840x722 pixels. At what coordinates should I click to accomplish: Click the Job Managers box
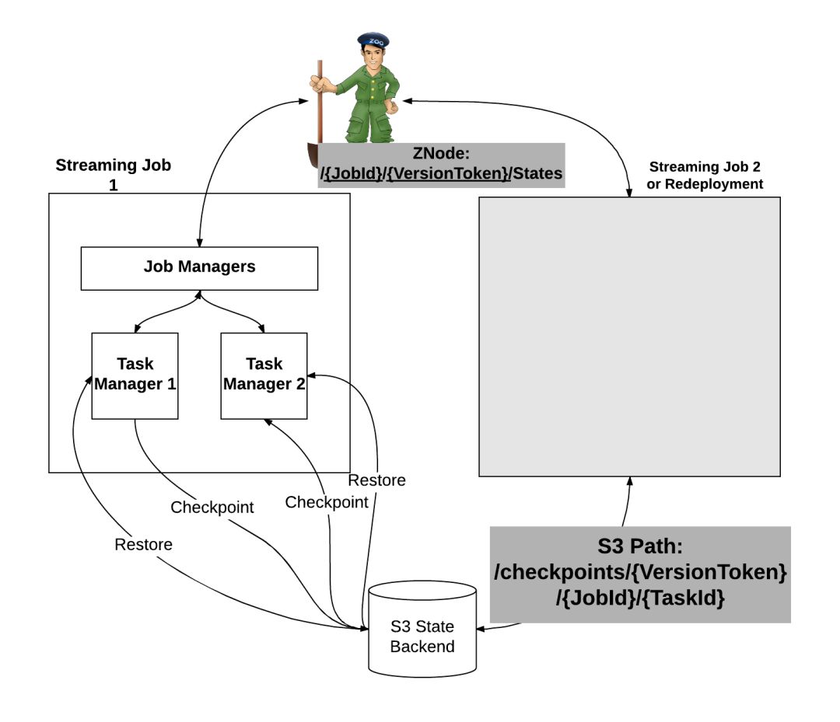[199, 267]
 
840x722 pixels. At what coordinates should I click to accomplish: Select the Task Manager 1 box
[135, 375]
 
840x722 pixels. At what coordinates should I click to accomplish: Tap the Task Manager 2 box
[264, 375]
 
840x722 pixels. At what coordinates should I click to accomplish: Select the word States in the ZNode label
[536, 173]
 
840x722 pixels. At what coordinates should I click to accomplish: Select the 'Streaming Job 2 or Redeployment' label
[705, 175]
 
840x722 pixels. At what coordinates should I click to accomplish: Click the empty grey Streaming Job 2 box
[628, 336]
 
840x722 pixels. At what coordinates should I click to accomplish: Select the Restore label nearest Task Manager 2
[376, 480]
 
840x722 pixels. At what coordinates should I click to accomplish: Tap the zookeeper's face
[373, 58]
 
